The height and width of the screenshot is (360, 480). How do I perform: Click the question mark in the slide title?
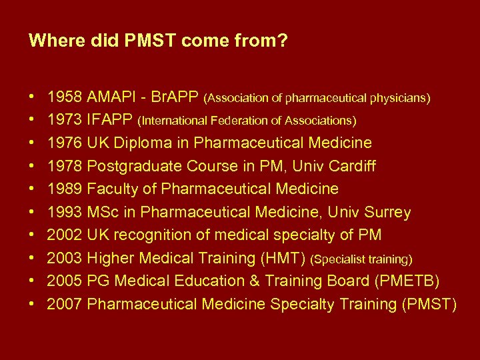283,41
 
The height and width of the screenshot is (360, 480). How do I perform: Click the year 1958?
65,98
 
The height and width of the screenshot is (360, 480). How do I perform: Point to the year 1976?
65,143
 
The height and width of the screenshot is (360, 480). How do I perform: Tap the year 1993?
65,213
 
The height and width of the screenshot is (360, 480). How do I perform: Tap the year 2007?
65,304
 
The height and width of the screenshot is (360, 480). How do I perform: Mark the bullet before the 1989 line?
33,189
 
